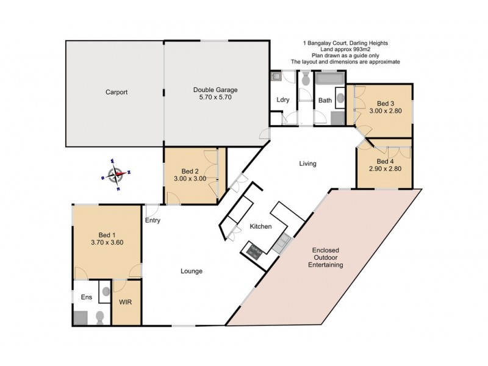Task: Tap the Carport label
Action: point(116,92)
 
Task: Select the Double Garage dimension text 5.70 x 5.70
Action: point(211,97)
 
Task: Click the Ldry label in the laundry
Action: point(282,99)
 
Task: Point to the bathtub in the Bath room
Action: point(329,79)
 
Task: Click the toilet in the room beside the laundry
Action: point(305,77)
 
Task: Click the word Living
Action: point(307,163)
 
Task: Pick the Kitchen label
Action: point(260,226)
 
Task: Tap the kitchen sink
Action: point(282,243)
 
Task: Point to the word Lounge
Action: point(191,271)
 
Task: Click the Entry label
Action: point(152,220)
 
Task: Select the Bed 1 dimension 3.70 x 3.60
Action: point(107,242)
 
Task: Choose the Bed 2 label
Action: point(191,171)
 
